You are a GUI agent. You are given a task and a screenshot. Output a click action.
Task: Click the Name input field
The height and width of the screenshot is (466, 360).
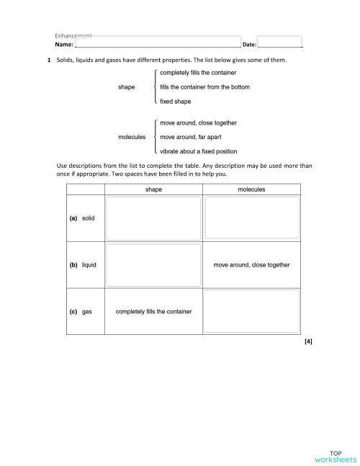pyautogui.click(x=158, y=45)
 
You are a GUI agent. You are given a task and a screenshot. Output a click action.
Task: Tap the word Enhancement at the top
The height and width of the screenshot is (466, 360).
pyautogui.click(x=74, y=36)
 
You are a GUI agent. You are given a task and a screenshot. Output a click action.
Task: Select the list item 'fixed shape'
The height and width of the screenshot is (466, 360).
pyautogui.click(x=175, y=102)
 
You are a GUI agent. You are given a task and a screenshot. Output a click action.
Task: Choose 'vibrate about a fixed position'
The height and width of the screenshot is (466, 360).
pyautogui.click(x=199, y=151)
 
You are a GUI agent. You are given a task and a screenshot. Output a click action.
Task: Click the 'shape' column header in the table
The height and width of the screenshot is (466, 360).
pyautogui.click(x=153, y=189)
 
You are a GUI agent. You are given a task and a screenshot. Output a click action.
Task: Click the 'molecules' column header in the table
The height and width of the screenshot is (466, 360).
pyautogui.click(x=251, y=189)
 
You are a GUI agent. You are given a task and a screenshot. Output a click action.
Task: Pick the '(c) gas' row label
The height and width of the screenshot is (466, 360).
pyautogui.click(x=80, y=312)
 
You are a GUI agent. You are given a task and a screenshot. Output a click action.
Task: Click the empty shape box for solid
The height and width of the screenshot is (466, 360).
pyautogui.click(x=153, y=218)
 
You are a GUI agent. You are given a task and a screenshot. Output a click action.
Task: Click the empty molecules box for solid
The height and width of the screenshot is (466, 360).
pyautogui.click(x=251, y=218)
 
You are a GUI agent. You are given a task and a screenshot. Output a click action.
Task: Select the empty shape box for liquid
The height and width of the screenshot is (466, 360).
pyautogui.click(x=153, y=265)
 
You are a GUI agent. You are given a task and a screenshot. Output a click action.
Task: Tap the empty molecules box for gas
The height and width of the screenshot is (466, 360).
pyautogui.click(x=251, y=311)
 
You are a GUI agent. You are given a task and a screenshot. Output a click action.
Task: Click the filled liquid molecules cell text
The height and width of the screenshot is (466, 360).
pyautogui.click(x=251, y=265)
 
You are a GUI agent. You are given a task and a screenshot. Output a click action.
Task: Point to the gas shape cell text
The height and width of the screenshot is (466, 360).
pyautogui.click(x=153, y=312)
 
